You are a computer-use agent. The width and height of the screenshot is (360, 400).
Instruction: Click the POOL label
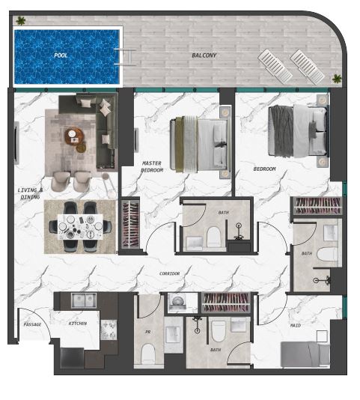tap(61, 55)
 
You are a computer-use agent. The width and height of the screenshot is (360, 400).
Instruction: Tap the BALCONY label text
tap(204, 55)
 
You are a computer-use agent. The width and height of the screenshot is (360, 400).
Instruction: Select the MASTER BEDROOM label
tap(152, 166)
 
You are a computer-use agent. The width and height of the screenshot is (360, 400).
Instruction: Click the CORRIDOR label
tap(170, 273)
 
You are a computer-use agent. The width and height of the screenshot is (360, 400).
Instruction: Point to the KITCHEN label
tap(78, 324)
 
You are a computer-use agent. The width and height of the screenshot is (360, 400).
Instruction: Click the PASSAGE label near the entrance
tap(32, 324)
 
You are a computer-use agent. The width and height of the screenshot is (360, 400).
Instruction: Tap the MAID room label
tap(296, 325)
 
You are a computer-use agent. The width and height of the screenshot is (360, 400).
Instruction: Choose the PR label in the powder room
tap(147, 332)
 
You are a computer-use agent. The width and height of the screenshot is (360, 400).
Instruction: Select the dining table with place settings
tap(80, 227)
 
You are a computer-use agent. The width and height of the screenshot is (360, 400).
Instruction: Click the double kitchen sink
tap(84, 300)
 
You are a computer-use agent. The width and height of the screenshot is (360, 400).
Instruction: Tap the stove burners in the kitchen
tap(109, 330)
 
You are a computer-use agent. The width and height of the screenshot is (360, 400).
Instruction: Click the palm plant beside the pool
tap(21, 21)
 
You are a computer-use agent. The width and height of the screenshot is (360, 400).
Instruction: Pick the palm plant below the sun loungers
tap(337, 79)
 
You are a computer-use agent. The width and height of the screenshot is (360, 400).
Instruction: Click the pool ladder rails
tap(125, 57)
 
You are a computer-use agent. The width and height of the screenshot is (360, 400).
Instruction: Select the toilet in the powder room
tap(148, 354)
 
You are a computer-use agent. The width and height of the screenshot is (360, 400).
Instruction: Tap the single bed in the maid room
tap(305, 354)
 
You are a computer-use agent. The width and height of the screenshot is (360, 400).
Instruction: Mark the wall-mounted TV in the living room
tap(16, 143)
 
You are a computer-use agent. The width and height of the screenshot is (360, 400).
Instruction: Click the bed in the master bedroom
tap(198, 144)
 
